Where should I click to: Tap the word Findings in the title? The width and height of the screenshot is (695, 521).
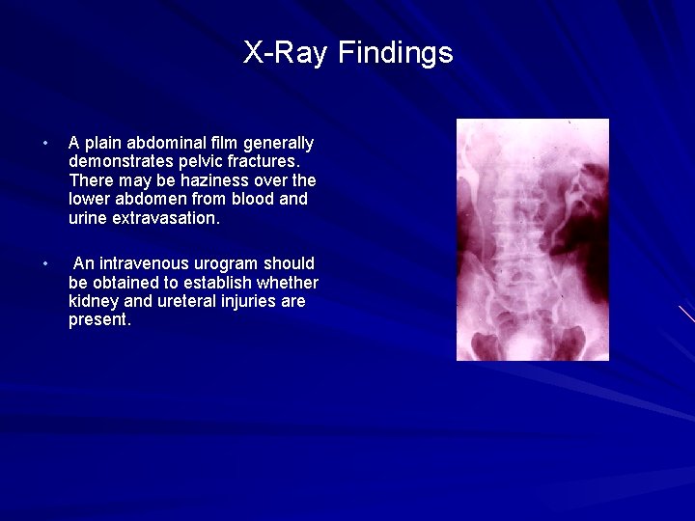click(395, 53)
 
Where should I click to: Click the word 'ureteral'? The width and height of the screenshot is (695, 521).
click(188, 301)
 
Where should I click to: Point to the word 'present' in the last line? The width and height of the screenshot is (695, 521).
click(97, 319)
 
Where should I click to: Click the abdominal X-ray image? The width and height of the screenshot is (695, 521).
click(532, 239)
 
